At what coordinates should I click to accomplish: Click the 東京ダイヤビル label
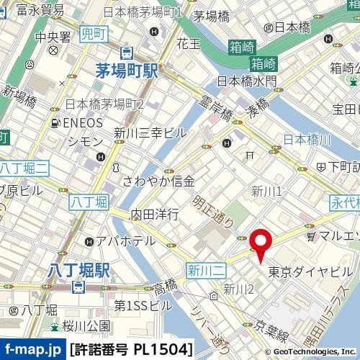tap(310, 272)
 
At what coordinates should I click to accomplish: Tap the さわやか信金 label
tap(158, 181)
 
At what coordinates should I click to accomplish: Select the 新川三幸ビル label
tap(150, 132)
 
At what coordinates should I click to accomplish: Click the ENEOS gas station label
tap(81, 123)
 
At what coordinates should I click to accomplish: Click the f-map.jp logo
tap(32, 350)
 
